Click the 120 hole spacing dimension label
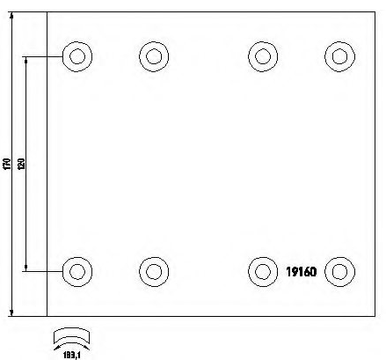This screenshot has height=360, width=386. tap(22, 164)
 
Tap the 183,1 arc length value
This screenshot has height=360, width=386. tap(71, 356)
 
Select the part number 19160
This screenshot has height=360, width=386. tap(302, 272)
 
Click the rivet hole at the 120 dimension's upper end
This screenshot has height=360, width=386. tap(77, 56)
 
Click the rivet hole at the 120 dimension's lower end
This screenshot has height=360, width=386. tap(77, 272)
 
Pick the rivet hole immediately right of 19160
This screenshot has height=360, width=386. tap(339, 272)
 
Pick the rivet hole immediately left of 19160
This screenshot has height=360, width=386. tap(263, 272)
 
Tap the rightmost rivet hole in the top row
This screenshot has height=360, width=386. tap(339, 56)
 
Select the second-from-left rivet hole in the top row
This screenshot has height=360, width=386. tap(154, 56)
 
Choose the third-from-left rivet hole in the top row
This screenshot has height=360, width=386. tap(263, 56)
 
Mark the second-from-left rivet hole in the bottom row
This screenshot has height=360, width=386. tap(154, 272)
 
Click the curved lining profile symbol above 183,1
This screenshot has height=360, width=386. tap(71, 331)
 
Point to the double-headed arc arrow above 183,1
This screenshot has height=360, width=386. tap(71, 343)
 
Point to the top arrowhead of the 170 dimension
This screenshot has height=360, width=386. tap(11, 15)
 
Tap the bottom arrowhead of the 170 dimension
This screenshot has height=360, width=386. tap(11, 312)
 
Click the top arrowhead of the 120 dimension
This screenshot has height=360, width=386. tap(25, 61)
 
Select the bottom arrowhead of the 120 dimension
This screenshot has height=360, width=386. tap(25, 268)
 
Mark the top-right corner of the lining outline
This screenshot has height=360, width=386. tap(375, 12)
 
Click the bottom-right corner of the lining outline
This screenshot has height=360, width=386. tap(375, 316)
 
